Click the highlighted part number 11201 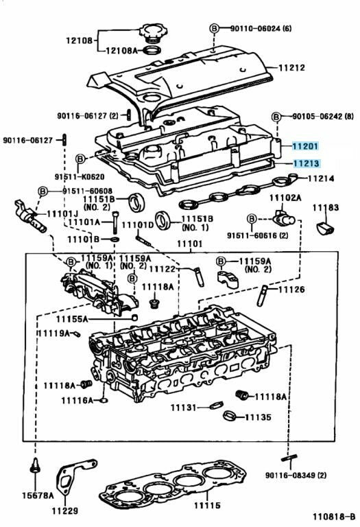[x=305, y=146]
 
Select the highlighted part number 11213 [x=306, y=163]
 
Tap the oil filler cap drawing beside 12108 [x=151, y=33]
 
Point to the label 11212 [x=291, y=67]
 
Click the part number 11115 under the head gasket [x=207, y=505]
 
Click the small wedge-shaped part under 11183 [x=326, y=229]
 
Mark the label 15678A [x=38, y=495]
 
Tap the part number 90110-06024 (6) [x=261, y=28]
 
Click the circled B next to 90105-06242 [x=276, y=117]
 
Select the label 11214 [x=321, y=178]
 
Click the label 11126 [x=291, y=289]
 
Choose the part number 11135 [x=258, y=417]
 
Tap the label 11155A [x=71, y=318]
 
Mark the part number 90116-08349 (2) [x=296, y=476]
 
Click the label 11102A [x=285, y=198]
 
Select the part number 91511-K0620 [x=80, y=176]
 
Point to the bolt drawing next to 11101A [x=115, y=223]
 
